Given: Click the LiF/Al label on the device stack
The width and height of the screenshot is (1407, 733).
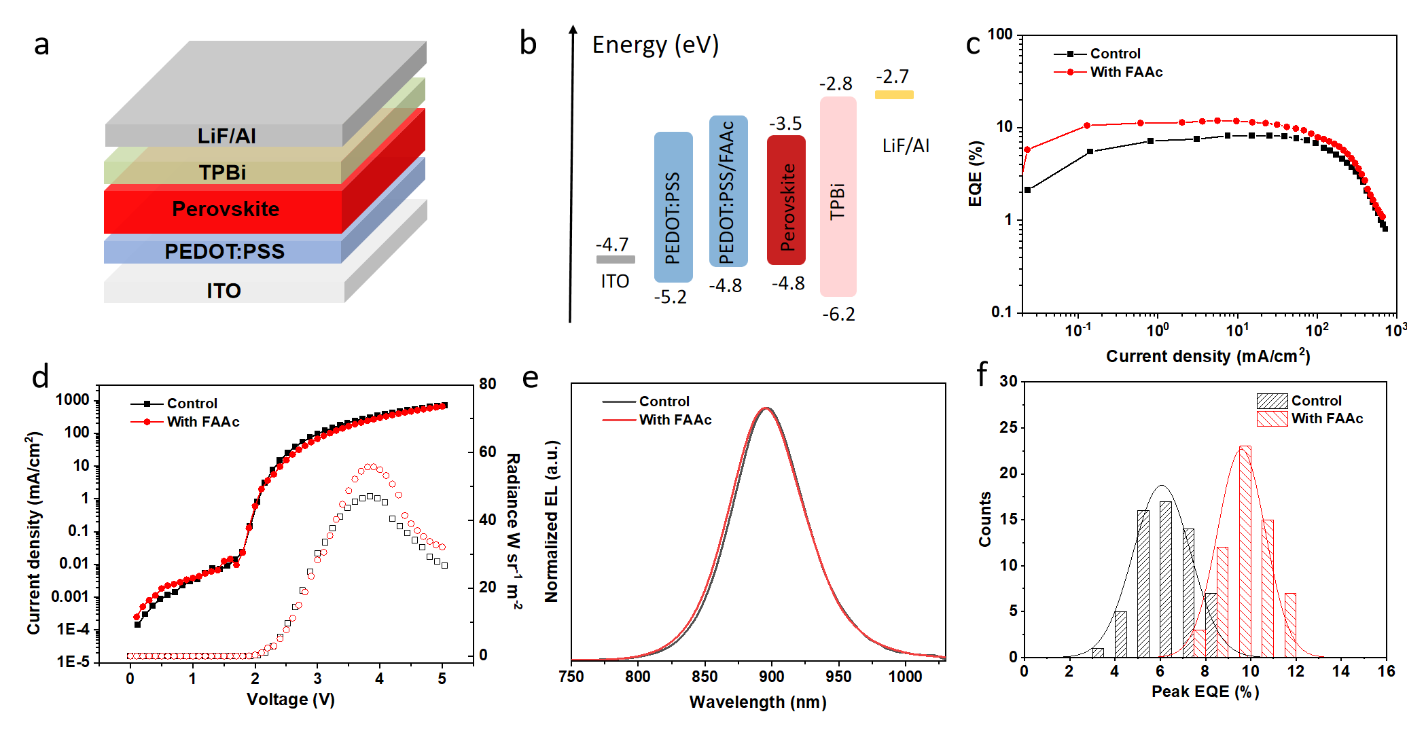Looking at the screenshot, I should (226, 136).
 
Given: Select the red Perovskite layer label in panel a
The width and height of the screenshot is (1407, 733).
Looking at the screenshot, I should (226, 209).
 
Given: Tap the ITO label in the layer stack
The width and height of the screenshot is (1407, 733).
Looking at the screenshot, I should (224, 291).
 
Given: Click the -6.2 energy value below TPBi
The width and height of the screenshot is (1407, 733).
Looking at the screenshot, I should (838, 315).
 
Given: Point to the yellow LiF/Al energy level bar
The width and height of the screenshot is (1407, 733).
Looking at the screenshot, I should (894, 95).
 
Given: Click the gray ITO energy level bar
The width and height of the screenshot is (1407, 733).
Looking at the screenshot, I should (616, 259).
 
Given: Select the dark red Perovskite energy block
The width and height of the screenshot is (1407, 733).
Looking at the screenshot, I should (786, 200).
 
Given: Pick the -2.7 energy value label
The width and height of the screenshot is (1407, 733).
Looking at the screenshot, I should (892, 76).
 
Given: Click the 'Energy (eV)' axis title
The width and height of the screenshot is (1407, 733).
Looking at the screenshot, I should (655, 45).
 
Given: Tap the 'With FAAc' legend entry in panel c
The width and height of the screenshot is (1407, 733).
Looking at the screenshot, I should (1126, 72).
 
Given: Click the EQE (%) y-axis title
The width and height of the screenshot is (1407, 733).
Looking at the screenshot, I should (976, 173).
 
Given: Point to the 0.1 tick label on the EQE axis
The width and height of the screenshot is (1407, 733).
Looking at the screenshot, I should (1001, 312).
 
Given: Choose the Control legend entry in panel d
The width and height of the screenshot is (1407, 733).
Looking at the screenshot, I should (192, 404).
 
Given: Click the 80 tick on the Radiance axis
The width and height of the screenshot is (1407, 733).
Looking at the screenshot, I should (487, 384).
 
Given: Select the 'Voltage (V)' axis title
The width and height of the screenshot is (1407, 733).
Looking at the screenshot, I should (290, 700).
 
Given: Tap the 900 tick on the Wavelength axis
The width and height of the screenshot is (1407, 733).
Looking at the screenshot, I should (771, 677).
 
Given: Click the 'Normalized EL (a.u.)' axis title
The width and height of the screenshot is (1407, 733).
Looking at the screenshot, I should (552, 521).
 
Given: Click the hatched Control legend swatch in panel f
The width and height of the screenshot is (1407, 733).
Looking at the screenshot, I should (1272, 401).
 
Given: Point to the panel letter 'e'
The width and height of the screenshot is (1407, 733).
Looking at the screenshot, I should (530, 378).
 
